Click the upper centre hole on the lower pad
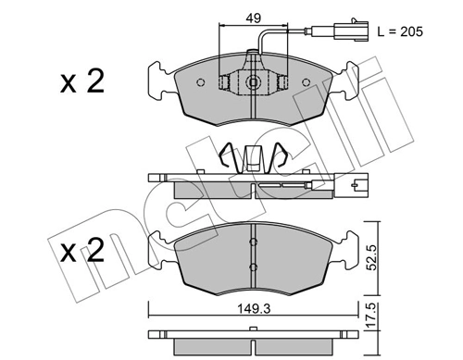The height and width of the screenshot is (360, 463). click(x=253, y=242)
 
